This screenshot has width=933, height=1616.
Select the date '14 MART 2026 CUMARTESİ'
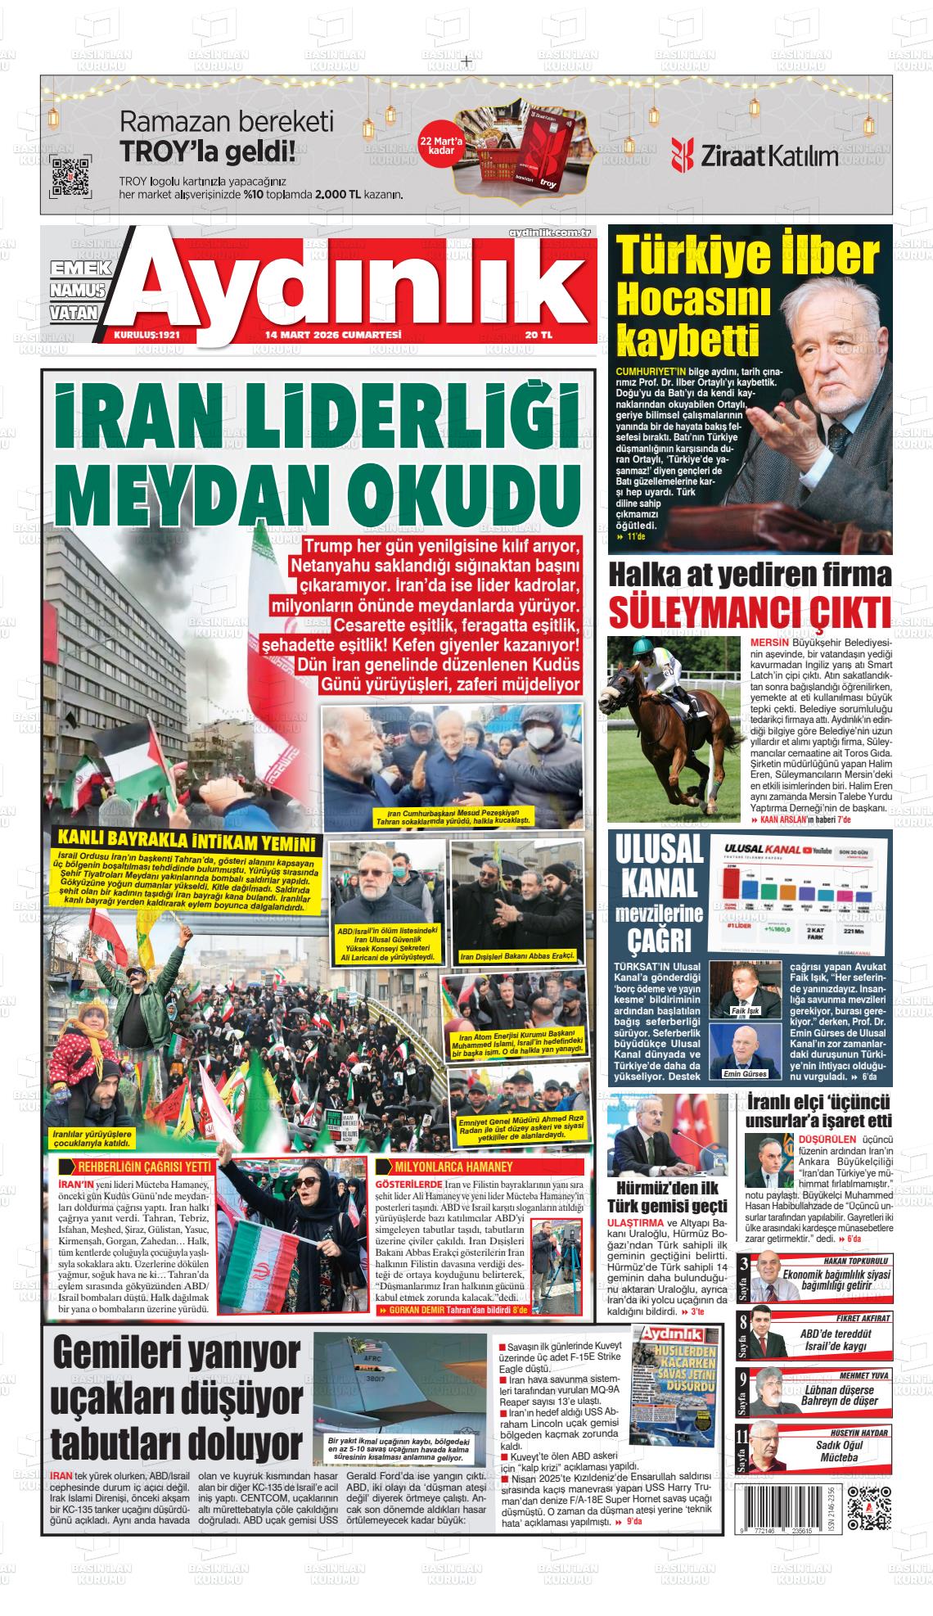(x=332, y=335)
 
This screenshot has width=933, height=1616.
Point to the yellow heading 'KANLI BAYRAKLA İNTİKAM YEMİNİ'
(x=187, y=842)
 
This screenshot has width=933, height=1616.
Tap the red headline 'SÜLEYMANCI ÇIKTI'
(x=750, y=612)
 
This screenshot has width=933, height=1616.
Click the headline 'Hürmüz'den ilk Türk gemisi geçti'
(x=667, y=1197)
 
